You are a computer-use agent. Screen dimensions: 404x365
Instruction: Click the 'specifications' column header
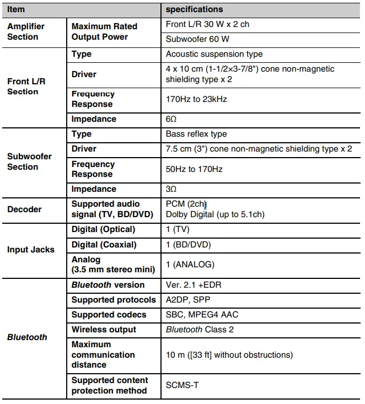tap(194, 9)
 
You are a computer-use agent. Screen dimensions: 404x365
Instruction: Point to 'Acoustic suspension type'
tap(214, 54)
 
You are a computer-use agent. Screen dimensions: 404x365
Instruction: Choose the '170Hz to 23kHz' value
tap(196, 99)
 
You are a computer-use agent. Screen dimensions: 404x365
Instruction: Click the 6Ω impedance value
tap(171, 119)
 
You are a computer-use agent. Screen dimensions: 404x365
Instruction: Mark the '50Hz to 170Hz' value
tap(194, 169)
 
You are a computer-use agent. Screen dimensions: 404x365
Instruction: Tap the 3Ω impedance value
tap(171, 189)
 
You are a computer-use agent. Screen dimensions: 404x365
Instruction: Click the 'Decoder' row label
tap(24, 209)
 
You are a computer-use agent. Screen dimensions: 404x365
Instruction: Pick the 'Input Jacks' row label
tap(31, 250)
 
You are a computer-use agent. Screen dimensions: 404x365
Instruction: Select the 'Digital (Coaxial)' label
tap(104, 245)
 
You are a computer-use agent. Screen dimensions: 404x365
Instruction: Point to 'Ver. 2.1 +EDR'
tap(194, 285)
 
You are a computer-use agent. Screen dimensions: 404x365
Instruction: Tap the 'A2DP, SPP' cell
tap(187, 300)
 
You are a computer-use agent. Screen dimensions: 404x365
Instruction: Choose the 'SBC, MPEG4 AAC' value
tap(202, 315)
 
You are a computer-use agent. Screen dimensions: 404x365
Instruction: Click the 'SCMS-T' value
tap(182, 385)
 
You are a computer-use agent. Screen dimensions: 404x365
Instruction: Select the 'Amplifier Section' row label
tap(26, 31)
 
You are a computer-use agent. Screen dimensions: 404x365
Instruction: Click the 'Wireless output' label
tap(104, 330)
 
